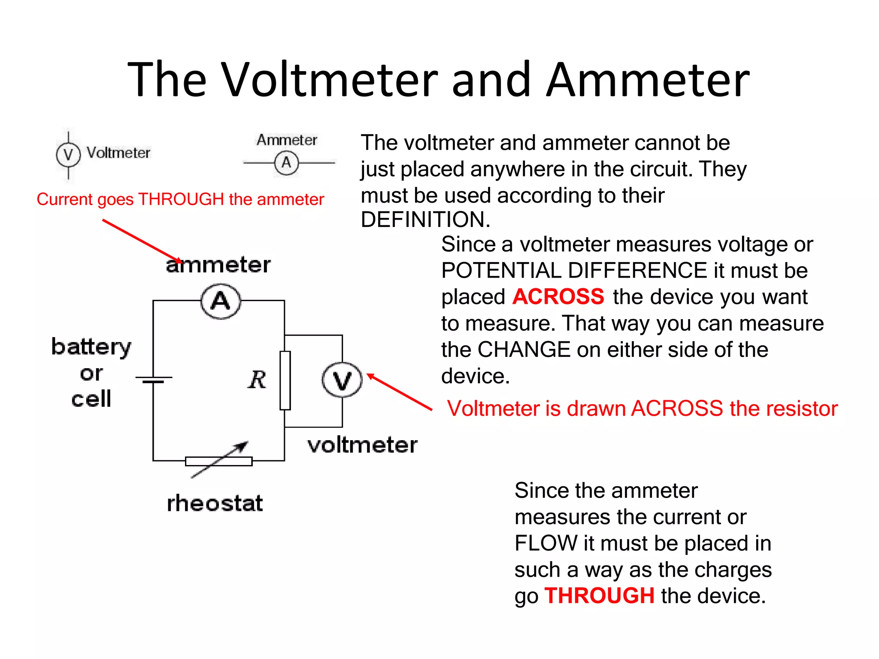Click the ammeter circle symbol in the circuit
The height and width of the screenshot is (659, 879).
pos(221,301)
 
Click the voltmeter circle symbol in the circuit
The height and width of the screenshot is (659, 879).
pos(342,380)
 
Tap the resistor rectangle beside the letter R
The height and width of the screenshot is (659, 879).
pos(285,380)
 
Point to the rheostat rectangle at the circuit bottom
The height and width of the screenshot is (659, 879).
pos(218,461)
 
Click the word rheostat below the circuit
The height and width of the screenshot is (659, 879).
pos(215,503)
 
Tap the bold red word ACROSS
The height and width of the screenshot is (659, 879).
pos(558,296)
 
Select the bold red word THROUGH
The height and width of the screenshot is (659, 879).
pos(599,596)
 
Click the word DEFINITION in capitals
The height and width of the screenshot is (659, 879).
pos(425,220)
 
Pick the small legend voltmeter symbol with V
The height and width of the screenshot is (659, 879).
pos(68,154)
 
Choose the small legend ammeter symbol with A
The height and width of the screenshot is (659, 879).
pos(286,163)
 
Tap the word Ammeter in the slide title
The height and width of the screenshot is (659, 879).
pos(648,80)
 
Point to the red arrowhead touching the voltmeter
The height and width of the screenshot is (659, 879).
pos(370,376)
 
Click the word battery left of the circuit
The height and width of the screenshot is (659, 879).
pos(91,347)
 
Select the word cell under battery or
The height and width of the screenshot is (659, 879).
pos(91,399)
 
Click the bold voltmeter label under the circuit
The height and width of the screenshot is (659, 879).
pos(362,445)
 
